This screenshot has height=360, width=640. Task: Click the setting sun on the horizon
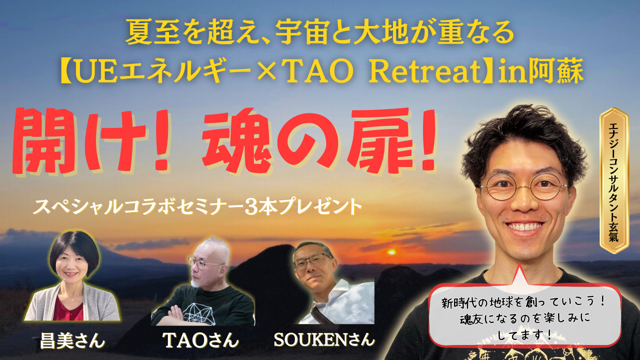point(391,252)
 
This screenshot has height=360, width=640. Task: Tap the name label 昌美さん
point(72,340)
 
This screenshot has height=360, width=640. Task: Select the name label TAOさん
point(200,340)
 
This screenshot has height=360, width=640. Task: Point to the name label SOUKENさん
point(324,339)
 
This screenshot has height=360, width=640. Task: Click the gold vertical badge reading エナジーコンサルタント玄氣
point(614,180)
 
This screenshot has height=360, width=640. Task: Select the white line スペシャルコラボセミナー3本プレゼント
point(197,206)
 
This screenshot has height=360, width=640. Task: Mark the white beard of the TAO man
point(195,283)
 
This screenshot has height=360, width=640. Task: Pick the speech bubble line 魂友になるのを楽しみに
point(525,319)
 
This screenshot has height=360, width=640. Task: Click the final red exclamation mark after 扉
point(426,140)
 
